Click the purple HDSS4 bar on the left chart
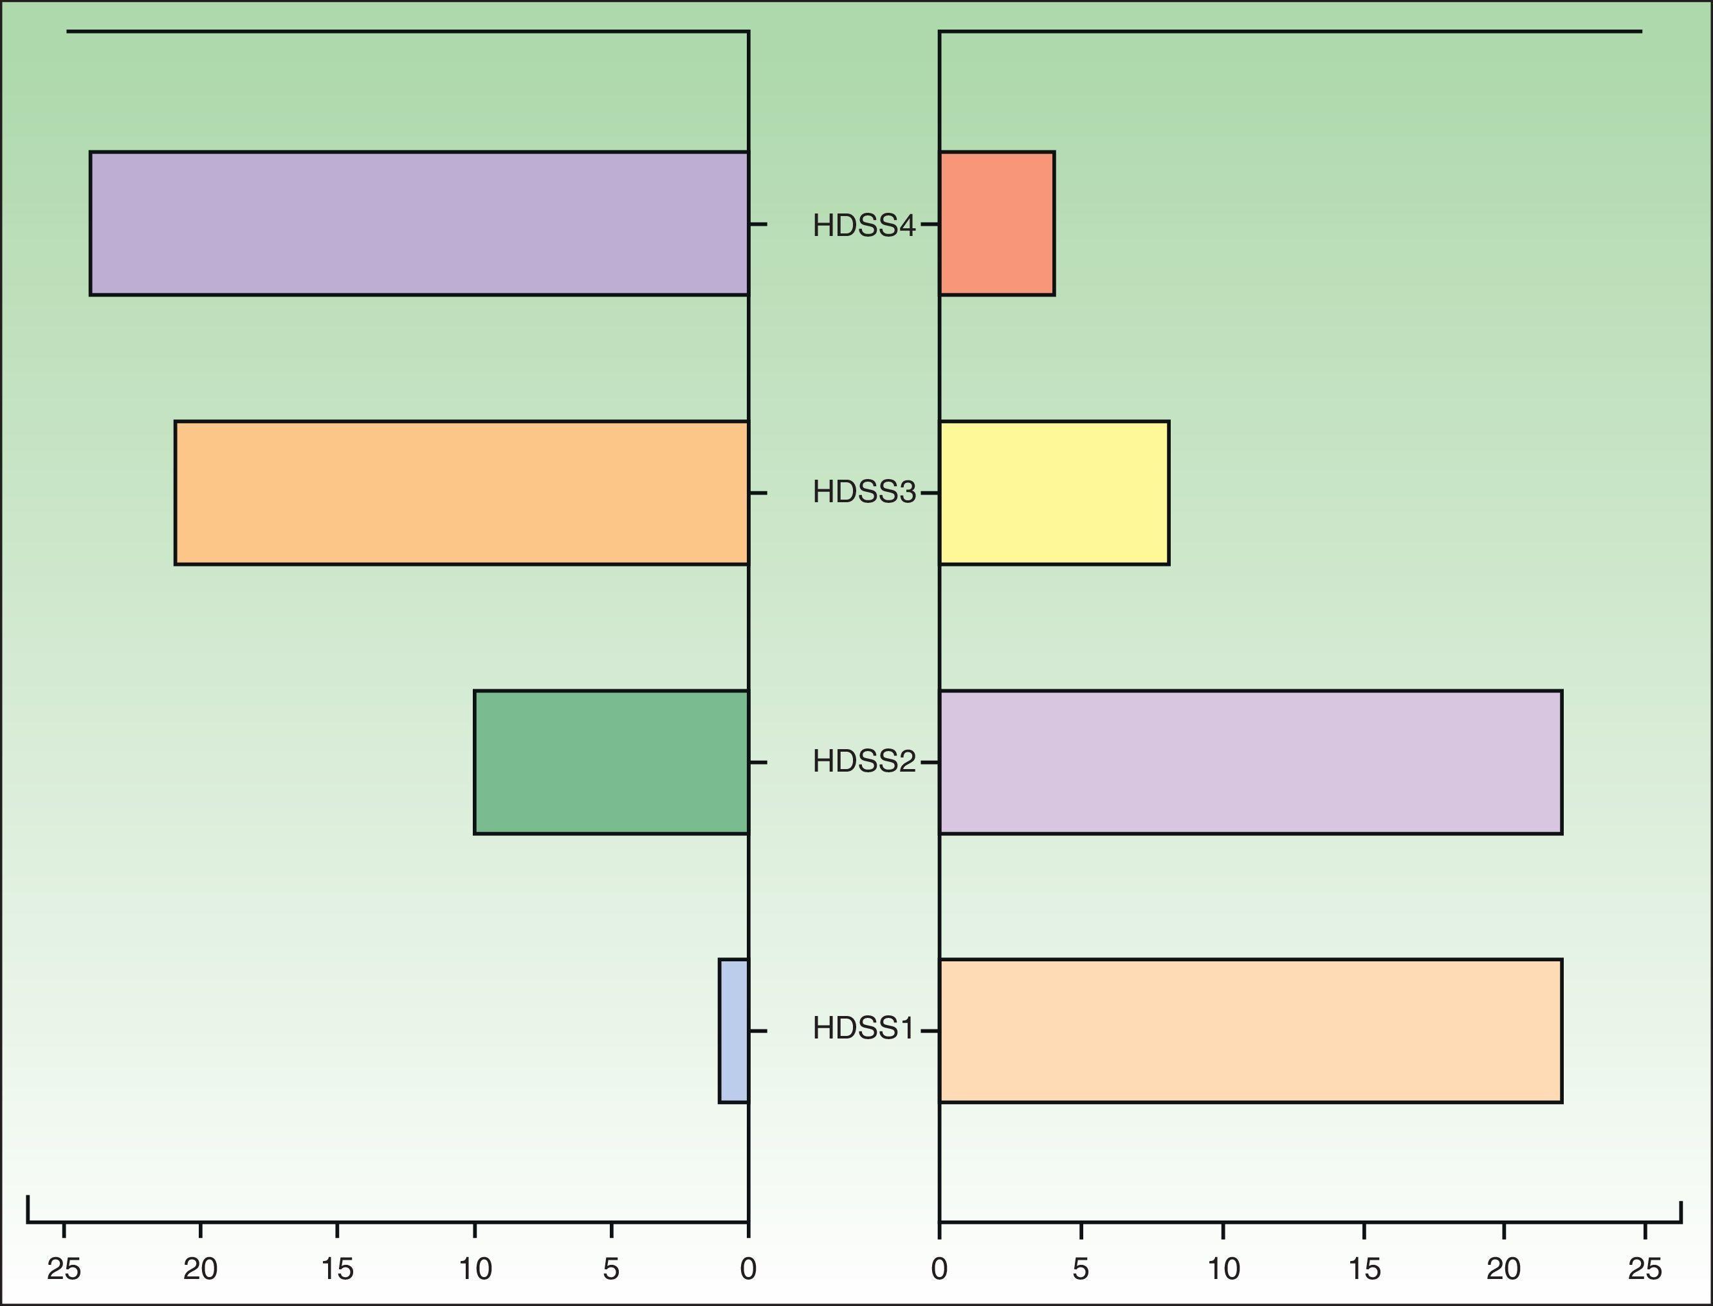point(419,224)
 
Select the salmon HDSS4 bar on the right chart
point(997,224)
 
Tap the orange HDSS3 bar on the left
point(462,493)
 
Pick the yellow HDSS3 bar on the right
point(1054,493)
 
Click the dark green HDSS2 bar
point(611,762)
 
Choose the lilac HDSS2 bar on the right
point(1250,762)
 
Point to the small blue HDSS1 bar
point(734,1031)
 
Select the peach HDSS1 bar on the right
point(1250,1031)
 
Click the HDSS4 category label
point(863,226)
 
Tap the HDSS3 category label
point(863,492)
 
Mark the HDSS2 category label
point(863,761)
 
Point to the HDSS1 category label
point(863,1028)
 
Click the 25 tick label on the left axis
point(64,1269)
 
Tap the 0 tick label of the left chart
point(748,1269)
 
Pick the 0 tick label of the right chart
point(939,1269)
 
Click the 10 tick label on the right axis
point(1223,1269)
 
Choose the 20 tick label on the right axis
point(1504,1269)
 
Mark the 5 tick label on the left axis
point(611,1269)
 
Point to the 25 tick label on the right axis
point(1645,1269)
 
